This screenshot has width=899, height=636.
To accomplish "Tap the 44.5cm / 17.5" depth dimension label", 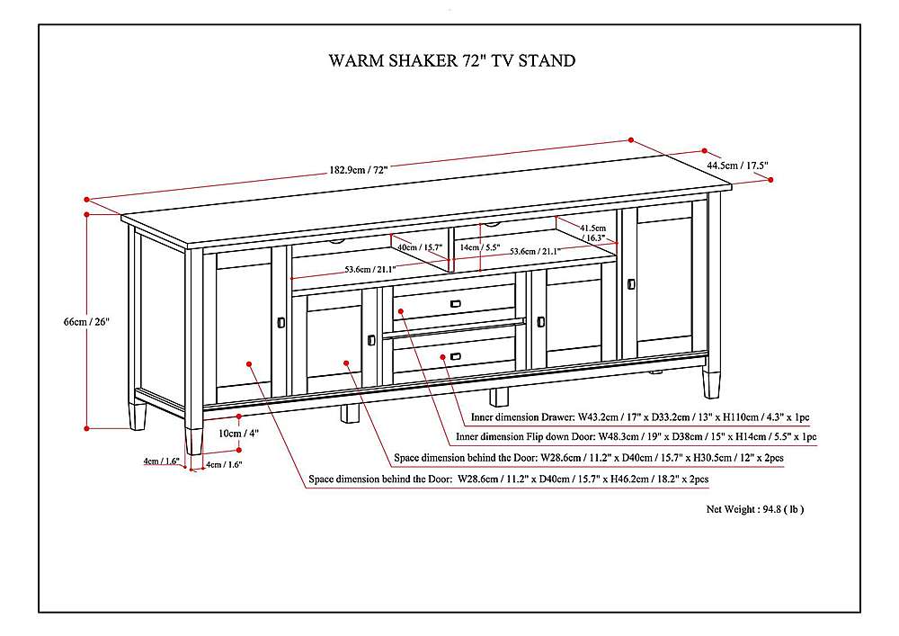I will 737,166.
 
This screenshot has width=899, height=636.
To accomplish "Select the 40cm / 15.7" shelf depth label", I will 419,247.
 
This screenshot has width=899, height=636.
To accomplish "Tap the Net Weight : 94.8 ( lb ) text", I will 755,509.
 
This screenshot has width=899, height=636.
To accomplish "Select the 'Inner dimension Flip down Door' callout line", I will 636,437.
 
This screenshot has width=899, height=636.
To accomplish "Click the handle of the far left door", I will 281,321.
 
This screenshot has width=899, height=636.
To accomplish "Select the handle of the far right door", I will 631,284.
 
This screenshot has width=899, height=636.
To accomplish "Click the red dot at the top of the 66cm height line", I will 87,214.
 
